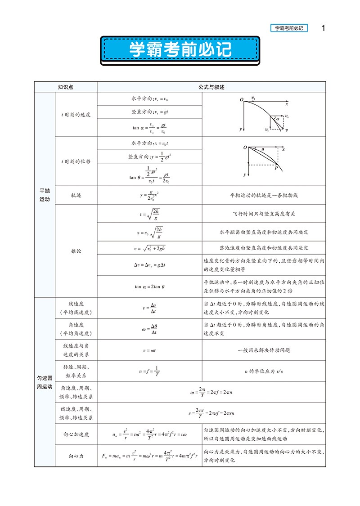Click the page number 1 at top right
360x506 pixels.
[323, 28]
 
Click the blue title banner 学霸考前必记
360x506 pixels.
[180, 49]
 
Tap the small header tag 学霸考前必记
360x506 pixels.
[288, 28]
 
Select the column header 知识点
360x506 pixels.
[66, 87]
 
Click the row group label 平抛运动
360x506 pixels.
[45, 195]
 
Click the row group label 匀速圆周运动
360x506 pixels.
[45, 382]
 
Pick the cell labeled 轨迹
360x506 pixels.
[76, 195]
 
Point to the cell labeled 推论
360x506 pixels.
[76, 251]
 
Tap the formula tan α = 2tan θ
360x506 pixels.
[150, 286]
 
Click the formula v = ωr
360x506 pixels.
[150, 350]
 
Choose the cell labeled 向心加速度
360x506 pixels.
[76, 434]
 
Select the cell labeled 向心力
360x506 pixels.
[76, 456]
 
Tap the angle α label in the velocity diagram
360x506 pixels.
[278, 119]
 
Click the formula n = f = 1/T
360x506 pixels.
[150, 372]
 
